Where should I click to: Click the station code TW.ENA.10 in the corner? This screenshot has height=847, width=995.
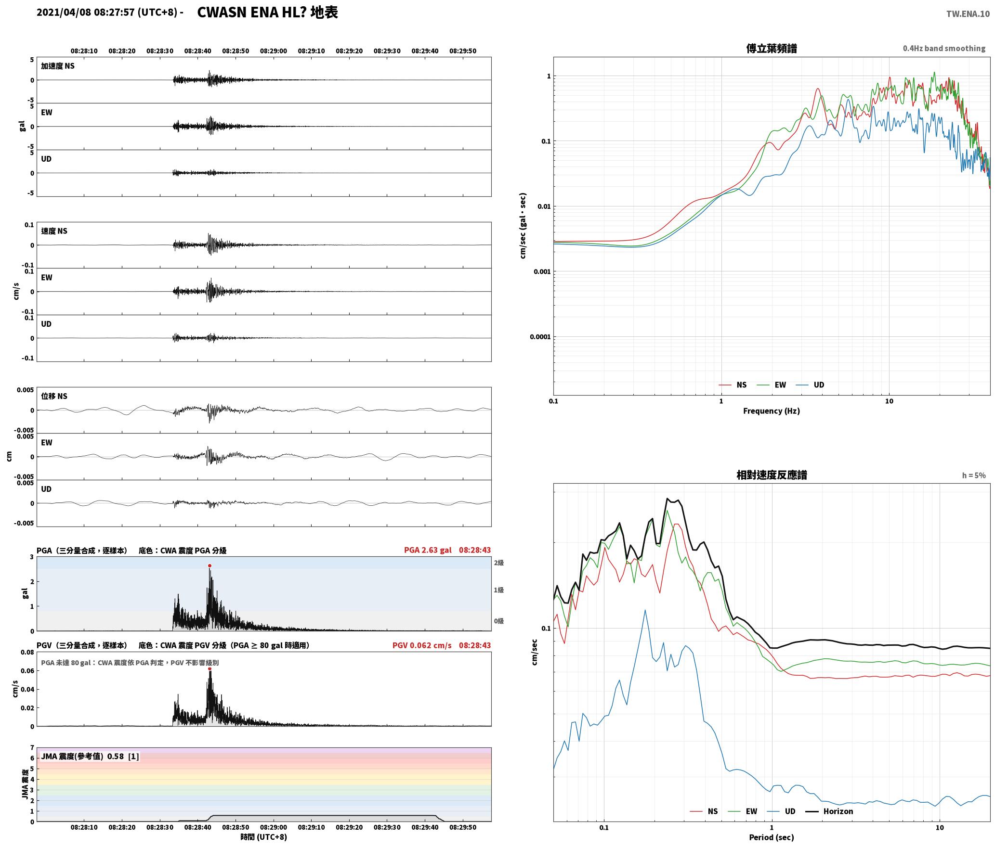(x=968, y=14)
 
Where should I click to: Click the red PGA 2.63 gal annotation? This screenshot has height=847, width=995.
(x=428, y=550)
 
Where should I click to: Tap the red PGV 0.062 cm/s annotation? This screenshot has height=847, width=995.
(x=422, y=645)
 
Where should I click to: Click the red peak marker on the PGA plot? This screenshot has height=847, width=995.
(x=209, y=566)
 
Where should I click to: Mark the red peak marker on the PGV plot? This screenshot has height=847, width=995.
(x=209, y=669)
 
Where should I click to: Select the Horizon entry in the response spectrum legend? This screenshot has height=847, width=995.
(x=829, y=811)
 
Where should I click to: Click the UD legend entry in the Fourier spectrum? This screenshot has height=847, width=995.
(x=810, y=385)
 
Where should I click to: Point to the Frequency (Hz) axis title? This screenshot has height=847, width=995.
(x=772, y=411)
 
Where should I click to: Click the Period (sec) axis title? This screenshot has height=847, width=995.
(x=772, y=837)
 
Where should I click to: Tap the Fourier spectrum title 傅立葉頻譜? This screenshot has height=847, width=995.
(x=772, y=49)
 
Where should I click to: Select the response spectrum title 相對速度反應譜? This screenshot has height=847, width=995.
(x=772, y=475)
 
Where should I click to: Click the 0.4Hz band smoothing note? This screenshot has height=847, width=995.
(x=944, y=49)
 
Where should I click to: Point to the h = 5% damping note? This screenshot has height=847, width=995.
(x=974, y=475)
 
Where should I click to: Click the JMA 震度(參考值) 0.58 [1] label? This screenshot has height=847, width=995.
(x=90, y=757)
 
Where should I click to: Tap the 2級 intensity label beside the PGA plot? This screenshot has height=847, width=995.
(x=498, y=563)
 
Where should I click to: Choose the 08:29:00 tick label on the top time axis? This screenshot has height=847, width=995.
(x=274, y=51)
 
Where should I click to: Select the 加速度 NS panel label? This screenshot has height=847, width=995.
(x=58, y=66)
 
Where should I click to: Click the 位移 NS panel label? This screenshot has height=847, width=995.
(x=54, y=397)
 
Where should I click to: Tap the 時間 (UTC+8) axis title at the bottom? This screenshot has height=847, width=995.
(x=264, y=837)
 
